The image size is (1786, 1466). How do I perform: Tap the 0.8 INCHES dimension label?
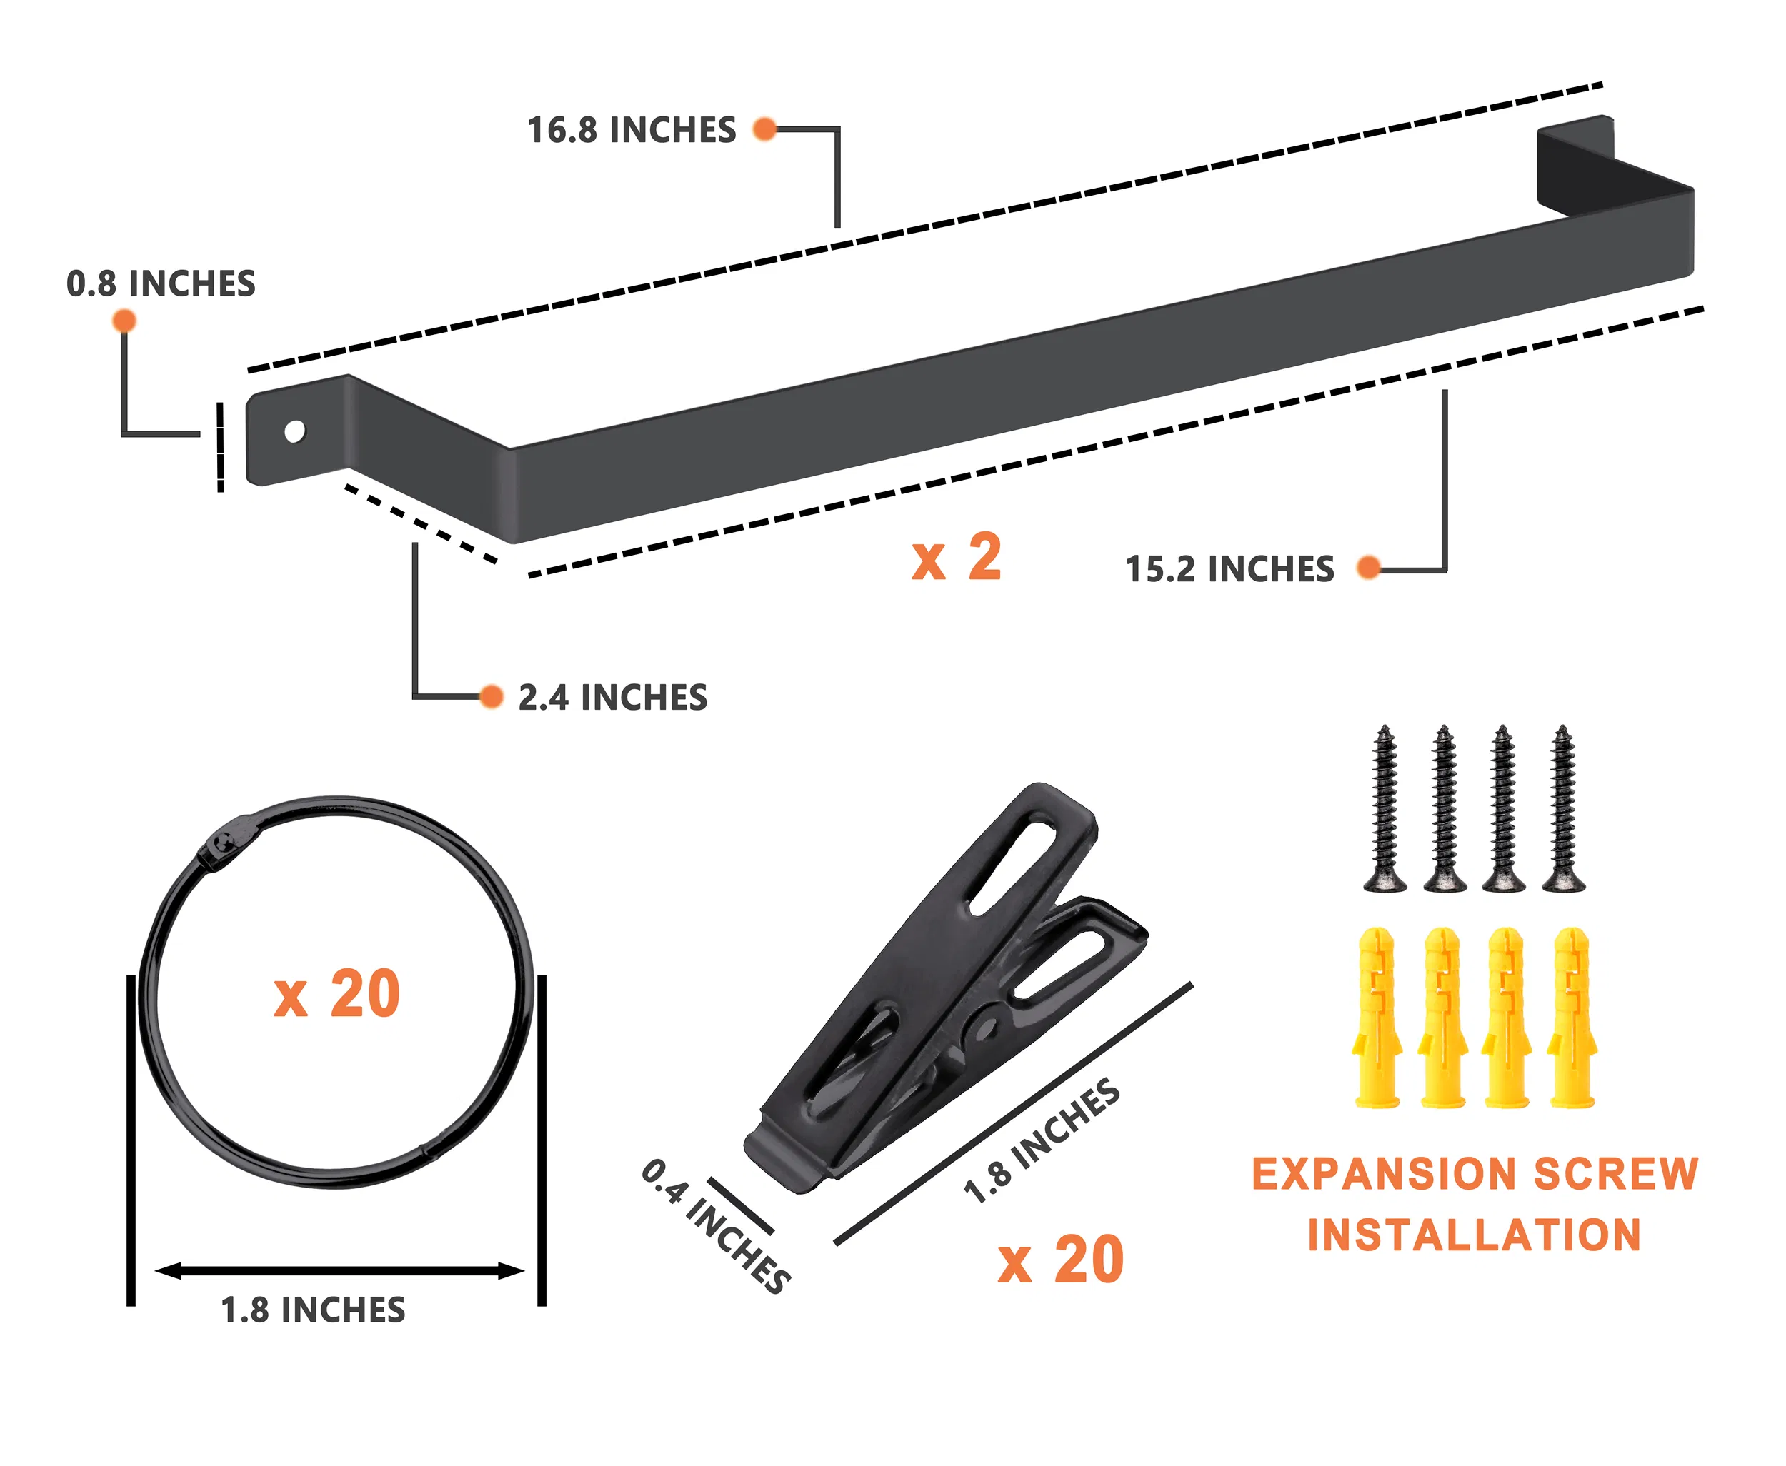(161, 283)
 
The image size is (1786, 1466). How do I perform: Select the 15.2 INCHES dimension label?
(1230, 569)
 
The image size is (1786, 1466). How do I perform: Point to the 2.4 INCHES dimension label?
(612, 698)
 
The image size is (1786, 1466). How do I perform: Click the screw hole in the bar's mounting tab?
(295, 431)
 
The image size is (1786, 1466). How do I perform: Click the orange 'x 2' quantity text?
(957, 558)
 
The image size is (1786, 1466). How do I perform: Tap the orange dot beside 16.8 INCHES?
(764, 129)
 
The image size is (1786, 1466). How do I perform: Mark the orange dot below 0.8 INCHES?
(124, 321)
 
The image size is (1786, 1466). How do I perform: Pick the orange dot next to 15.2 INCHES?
(1369, 568)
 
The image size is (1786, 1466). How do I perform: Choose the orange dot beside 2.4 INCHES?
(491, 697)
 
